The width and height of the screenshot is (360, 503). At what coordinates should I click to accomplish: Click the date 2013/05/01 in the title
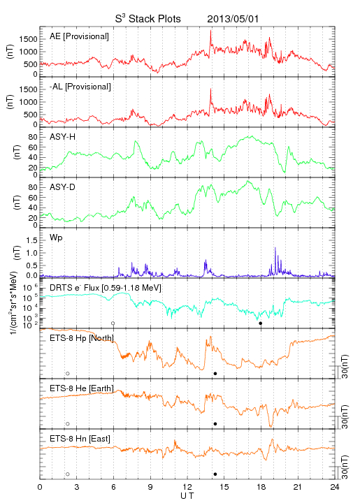click(233, 19)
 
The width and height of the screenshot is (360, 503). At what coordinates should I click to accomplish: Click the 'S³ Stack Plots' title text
click(148, 19)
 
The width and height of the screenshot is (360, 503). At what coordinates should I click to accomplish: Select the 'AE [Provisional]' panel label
click(79, 36)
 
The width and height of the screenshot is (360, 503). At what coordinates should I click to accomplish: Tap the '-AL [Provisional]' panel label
click(80, 87)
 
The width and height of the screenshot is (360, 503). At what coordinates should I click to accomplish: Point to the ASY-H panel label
click(63, 137)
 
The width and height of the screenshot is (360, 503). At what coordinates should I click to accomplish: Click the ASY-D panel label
click(63, 187)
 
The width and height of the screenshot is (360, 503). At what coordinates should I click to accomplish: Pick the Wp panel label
click(56, 238)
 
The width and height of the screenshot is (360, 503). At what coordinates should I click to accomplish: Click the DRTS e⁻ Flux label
click(106, 288)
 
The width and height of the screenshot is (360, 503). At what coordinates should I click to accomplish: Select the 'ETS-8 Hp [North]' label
click(82, 338)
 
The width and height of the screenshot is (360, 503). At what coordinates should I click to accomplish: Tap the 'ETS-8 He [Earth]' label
click(82, 388)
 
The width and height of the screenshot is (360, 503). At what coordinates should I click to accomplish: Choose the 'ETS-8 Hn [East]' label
click(80, 439)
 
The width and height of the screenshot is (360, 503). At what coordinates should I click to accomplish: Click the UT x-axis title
click(187, 496)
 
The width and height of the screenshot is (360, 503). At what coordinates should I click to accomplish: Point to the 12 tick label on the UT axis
click(187, 487)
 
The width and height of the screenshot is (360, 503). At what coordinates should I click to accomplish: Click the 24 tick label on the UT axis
click(335, 487)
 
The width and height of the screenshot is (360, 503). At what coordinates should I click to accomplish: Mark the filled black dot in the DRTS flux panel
click(261, 323)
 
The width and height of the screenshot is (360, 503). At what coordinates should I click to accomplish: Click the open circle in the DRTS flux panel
click(113, 323)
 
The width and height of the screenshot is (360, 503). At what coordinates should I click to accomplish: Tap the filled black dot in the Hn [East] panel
click(215, 474)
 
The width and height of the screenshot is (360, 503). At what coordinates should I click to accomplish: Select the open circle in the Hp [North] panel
click(68, 373)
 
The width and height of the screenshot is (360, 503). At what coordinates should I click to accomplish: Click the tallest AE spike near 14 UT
click(210, 31)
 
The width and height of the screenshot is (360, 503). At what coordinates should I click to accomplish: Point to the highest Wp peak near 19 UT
click(275, 247)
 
